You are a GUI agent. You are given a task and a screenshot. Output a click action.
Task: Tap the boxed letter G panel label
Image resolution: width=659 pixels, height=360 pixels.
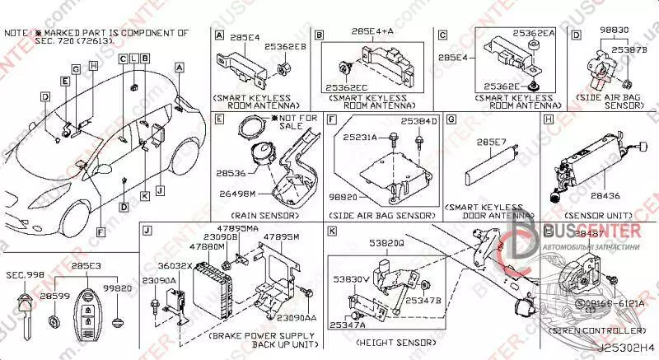pos(451,119)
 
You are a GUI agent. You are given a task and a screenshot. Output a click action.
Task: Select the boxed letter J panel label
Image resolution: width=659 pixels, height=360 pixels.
pos(147,230)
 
